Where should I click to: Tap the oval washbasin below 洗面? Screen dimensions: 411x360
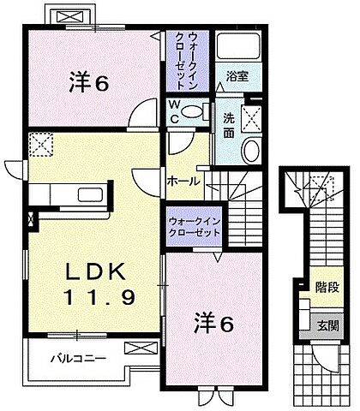point(252,152)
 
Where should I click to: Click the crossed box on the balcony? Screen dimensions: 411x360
point(135,348)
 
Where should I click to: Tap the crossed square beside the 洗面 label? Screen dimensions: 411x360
point(253,119)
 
